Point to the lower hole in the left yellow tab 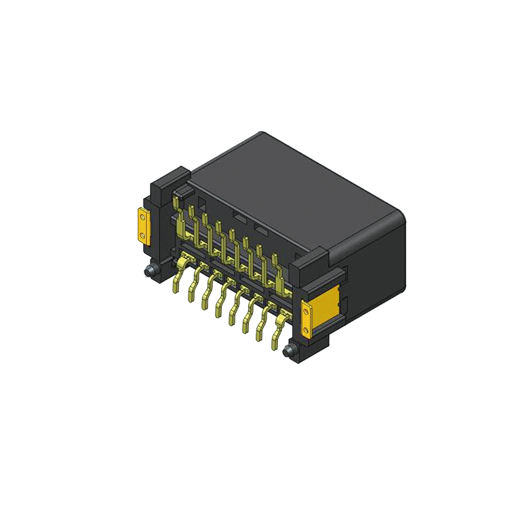tap(142, 235)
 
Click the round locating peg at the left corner tap(149, 271)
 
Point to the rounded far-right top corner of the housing tap(400, 216)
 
